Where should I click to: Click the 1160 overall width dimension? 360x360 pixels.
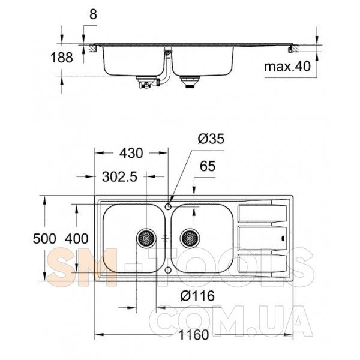tap(194, 335)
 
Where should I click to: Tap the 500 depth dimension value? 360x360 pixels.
tap(44, 239)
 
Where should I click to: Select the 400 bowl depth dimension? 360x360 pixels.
tap(76, 239)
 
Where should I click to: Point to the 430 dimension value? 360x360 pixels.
tap(131, 153)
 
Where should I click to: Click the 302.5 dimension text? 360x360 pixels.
tap(119, 177)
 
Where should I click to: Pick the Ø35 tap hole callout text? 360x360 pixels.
tap(211, 139)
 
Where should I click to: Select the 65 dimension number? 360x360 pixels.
tap(208, 166)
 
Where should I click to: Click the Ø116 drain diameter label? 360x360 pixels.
tap(197, 296)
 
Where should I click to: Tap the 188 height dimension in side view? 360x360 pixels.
tap(62, 58)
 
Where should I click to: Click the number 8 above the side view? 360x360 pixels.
tap(93, 14)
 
